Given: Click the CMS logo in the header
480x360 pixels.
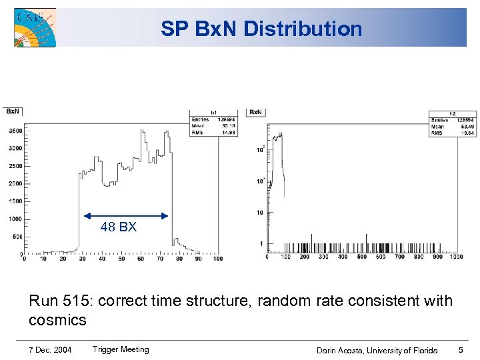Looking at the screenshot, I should [35, 27].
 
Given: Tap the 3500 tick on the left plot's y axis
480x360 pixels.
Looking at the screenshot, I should [14, 131].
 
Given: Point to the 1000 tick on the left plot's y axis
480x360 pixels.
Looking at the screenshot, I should [14, 219].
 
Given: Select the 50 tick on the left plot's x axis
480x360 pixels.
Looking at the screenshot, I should [121, 259].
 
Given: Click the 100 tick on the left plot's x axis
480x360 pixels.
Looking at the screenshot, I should [217, 259].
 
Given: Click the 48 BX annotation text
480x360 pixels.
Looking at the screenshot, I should [119, 227].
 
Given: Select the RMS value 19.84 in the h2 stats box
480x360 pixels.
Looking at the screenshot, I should [449, 132].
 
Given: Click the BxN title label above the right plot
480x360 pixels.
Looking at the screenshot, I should [256, 111].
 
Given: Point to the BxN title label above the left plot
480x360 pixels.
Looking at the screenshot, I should [13, 111].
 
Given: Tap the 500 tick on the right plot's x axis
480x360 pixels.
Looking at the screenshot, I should [361, 257].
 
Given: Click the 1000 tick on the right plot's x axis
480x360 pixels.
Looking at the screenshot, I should [456, 257].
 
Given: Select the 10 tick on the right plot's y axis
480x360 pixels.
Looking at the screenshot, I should [259, 213].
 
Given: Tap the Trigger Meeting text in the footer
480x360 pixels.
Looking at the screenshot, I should [121, 349].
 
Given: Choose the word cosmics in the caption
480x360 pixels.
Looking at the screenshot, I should [57, 320].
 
